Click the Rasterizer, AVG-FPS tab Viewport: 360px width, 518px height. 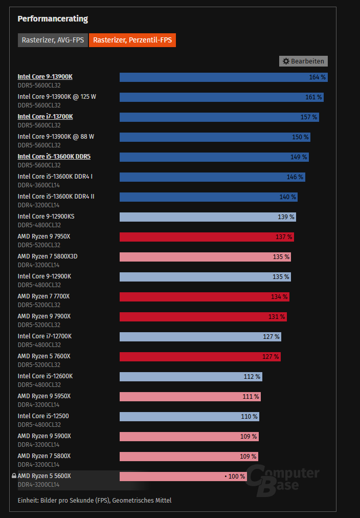pos(52,40)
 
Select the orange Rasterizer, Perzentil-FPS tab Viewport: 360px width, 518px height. pos(132,40)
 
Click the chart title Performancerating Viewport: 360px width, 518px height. pos(53,19)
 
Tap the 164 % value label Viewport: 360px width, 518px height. pos(317,77)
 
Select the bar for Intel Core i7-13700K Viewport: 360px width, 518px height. pos(219,117)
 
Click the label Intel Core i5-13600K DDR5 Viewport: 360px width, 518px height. pos(54,157)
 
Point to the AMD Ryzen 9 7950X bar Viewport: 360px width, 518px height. pos(207,237)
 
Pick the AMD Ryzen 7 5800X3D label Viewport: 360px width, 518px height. pos(48,256)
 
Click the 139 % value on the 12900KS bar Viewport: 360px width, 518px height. pos(286,217)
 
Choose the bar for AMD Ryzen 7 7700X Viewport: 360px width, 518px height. pos(204,297)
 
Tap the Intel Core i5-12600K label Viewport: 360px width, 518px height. pos(45,376)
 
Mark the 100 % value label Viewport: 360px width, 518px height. pos(236,477)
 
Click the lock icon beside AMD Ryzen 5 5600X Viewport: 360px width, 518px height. pos(14,476)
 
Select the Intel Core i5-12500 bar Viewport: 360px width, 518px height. pos(189,417)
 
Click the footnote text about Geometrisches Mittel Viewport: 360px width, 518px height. pos(95,500)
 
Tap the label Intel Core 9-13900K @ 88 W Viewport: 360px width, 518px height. pos(56,137)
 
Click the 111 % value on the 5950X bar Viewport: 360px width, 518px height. pos(251,397)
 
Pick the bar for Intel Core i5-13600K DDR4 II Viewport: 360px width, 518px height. pos(208,197)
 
